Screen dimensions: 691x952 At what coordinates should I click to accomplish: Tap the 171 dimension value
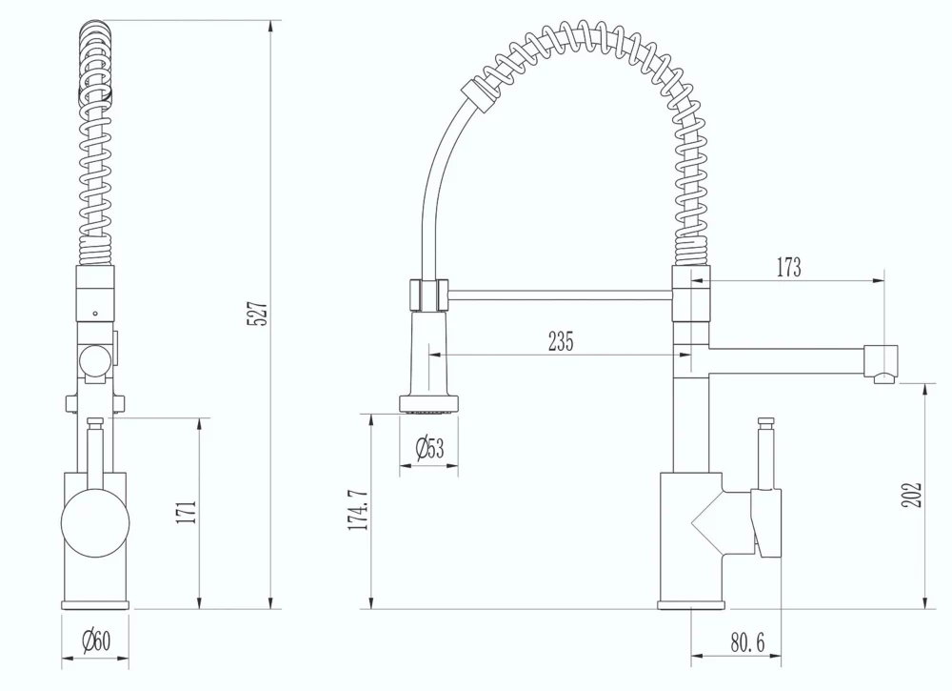188,512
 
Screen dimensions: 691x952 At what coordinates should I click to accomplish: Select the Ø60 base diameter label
95,641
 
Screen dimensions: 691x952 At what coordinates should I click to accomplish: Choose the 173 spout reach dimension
787,268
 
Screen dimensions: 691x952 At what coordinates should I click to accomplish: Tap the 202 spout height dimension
912,494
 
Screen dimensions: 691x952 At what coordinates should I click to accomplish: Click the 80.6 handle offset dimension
748,643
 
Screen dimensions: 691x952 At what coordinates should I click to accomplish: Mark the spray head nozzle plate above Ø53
428,408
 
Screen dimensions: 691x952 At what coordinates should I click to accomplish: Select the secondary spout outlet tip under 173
883,377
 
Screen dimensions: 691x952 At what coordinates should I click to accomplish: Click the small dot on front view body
94,311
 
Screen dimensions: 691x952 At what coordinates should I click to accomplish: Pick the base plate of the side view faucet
691,603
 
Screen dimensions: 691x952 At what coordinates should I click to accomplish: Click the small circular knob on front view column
94,360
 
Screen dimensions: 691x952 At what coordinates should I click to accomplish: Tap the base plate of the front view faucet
94,603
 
